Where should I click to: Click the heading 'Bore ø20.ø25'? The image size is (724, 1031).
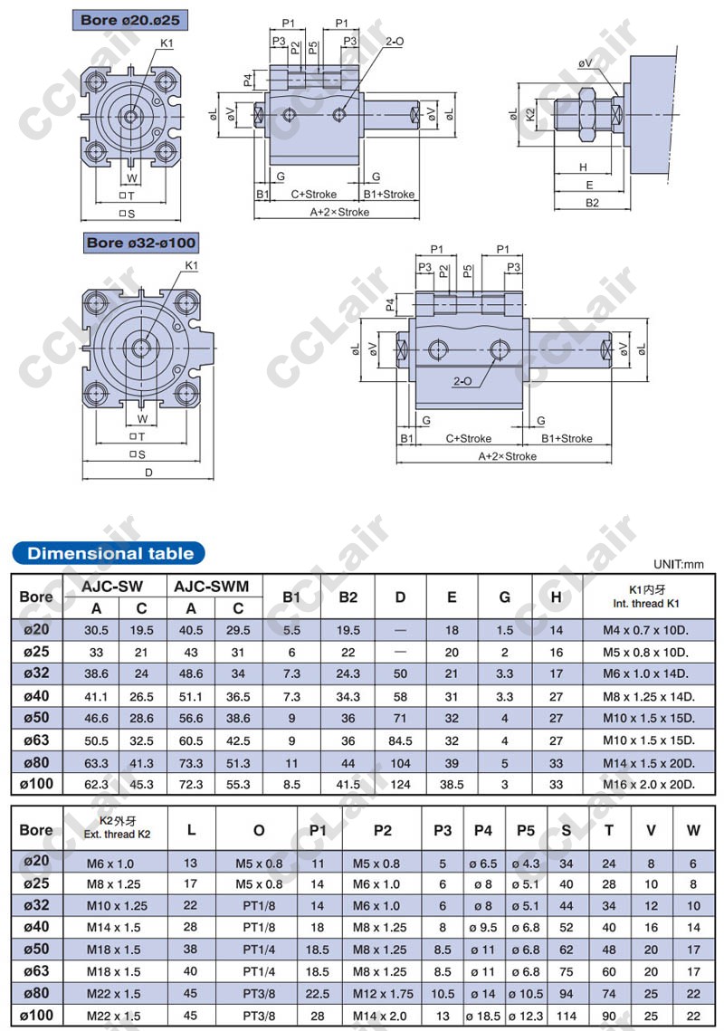point(129,21)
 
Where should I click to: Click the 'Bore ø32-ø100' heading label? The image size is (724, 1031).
point(141,243)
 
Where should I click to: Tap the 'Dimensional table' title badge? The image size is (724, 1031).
point(110,554)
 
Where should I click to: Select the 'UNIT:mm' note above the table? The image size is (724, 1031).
point(678,564)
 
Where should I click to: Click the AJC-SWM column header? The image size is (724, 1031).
point(211,586)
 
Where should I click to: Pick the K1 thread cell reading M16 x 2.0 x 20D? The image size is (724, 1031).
point(649,784)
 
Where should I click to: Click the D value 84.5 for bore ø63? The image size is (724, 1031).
point(400,740)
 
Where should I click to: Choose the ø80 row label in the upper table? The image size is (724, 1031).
point(37,763)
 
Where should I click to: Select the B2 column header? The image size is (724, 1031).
point(348,597)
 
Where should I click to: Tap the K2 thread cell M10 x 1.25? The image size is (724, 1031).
point(117,905)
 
